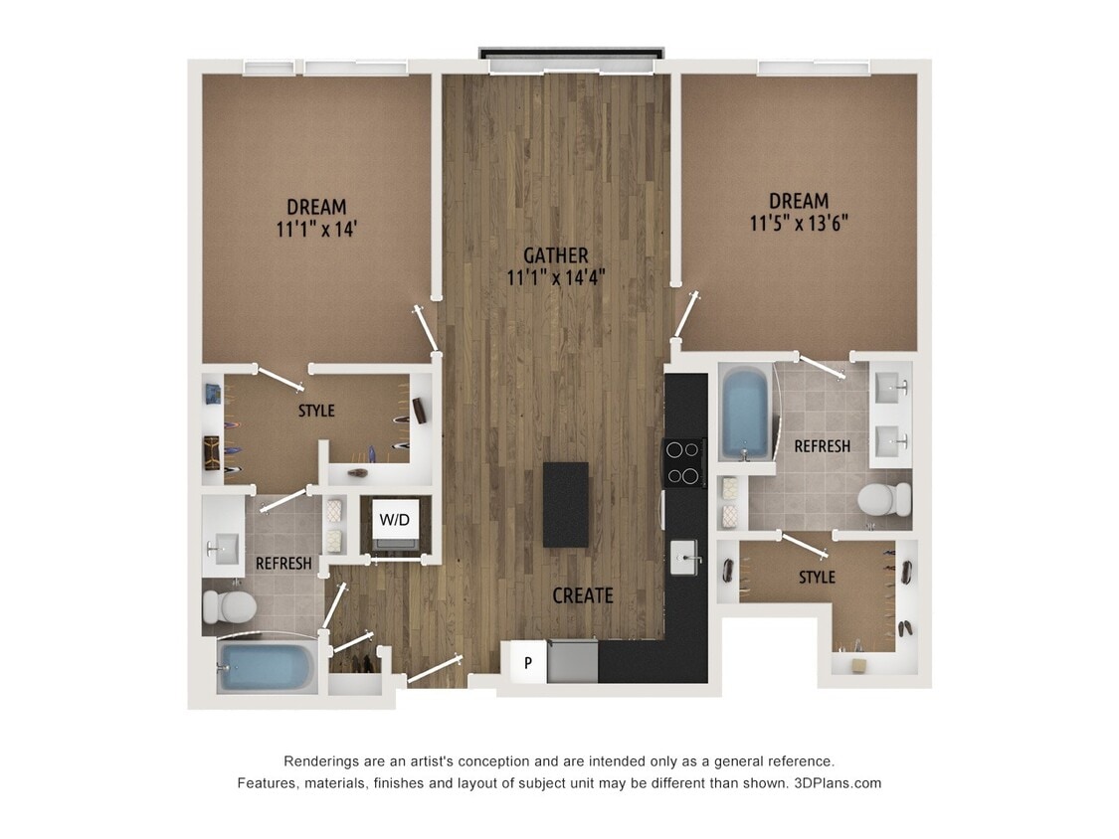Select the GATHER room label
pos(556,255)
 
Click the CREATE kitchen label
pos(582,595)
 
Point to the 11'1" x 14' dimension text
pos(317,229)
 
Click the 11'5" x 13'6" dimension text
pos(799,223)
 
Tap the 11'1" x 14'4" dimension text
pos(556,277)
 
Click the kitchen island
pos(565,504)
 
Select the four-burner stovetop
pos(683,462)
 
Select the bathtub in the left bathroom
pos(266,665)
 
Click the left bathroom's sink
pos(224,547)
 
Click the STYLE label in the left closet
pos(316,411)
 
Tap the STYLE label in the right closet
pos(817,577)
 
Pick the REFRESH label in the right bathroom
pos(822,446)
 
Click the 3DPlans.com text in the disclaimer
pos(838,782)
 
